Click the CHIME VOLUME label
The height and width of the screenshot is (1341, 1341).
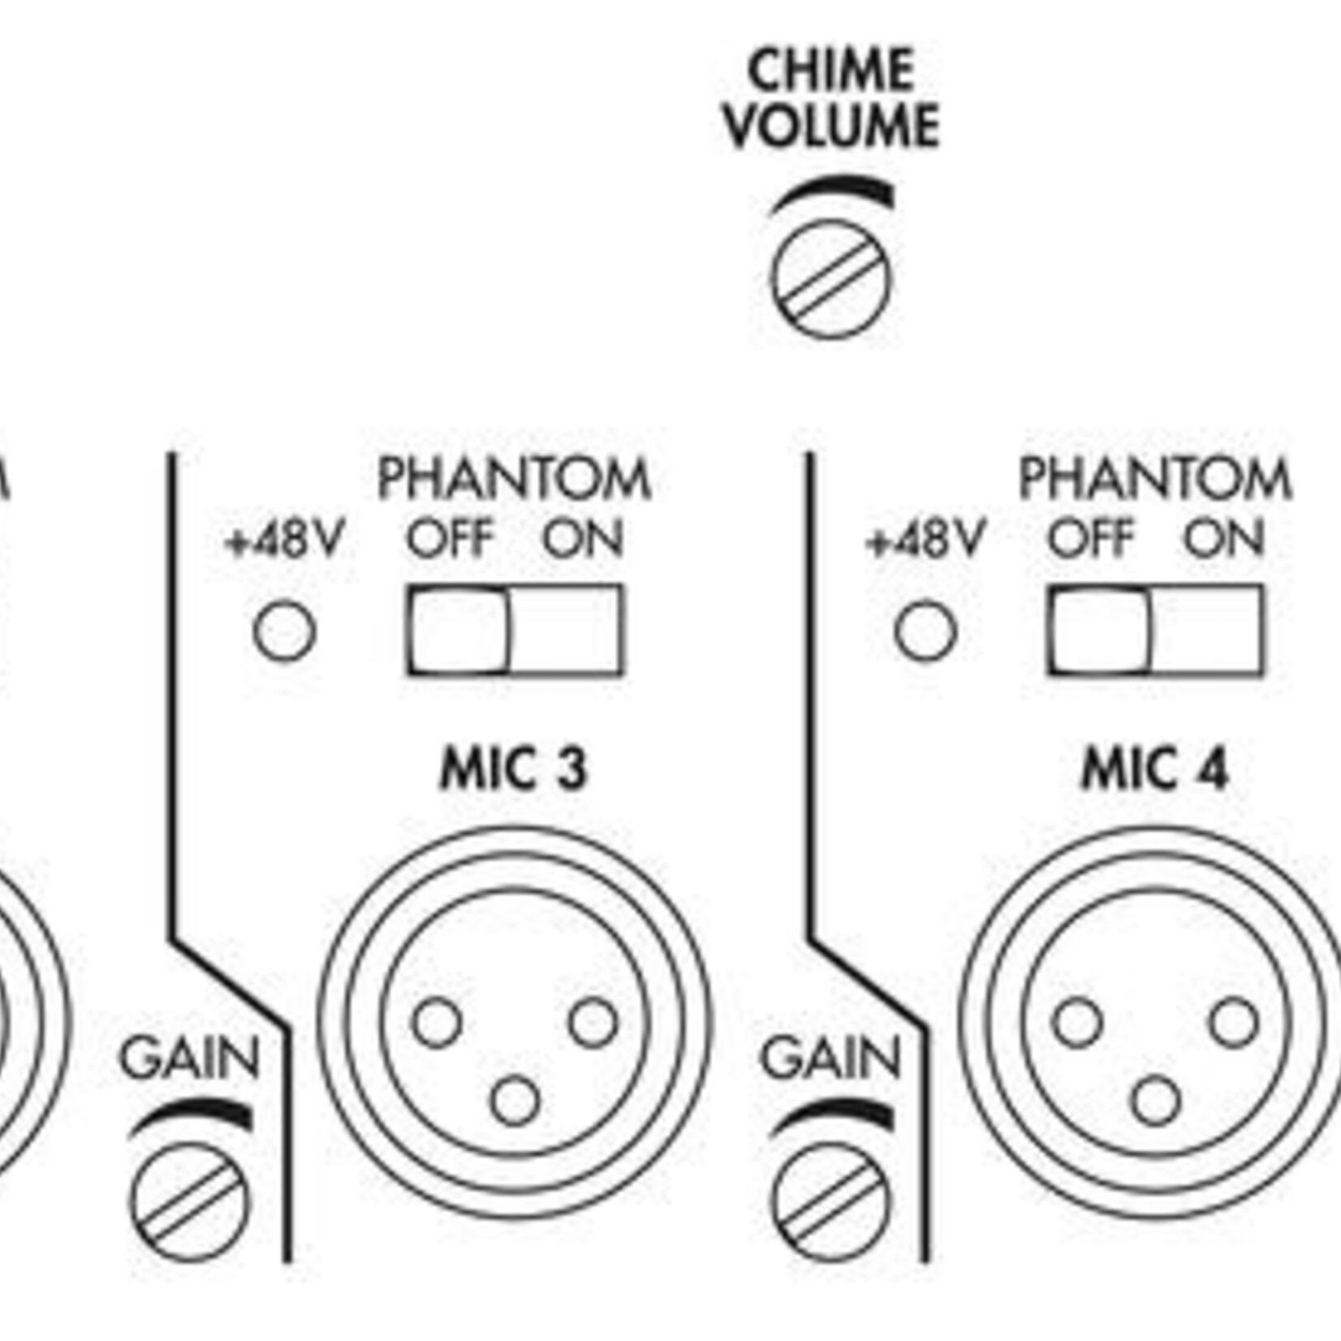[x=831, y=99]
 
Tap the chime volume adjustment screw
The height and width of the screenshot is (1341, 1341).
[x=830, y=278]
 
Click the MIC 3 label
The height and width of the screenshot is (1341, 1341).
[x=513, y=769]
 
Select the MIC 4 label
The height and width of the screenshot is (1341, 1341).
[x=1154, y=769]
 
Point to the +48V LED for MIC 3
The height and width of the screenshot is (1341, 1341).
[x=284, y=631]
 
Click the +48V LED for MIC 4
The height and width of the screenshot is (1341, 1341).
[x=925, y=631]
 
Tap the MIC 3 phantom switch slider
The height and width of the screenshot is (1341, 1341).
[x=459, y=630]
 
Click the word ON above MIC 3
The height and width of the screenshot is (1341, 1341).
[x=583, y=538]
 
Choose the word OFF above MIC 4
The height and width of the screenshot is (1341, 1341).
[x=1090, y=538]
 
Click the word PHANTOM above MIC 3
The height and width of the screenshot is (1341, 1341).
[x=514, y=479]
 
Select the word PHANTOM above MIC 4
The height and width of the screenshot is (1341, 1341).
[x=1155, y=479]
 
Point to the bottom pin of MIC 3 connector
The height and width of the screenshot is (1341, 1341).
[x=515, y=1101]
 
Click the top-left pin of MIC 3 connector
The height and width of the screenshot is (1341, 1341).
[x=438, y=1023]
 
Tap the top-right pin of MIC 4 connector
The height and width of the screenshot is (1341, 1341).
[x=1234, y=1023]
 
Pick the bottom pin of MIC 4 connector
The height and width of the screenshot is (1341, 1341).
[x=1155, y=1101]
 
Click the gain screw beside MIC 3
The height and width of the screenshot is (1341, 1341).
[x=191, y=1202]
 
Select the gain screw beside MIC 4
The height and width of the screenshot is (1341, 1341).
[x=831, y=1202]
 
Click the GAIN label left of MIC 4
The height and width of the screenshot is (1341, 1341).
[x=830, y=1058]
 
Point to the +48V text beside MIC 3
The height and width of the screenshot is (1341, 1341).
[x=285, y=539]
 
